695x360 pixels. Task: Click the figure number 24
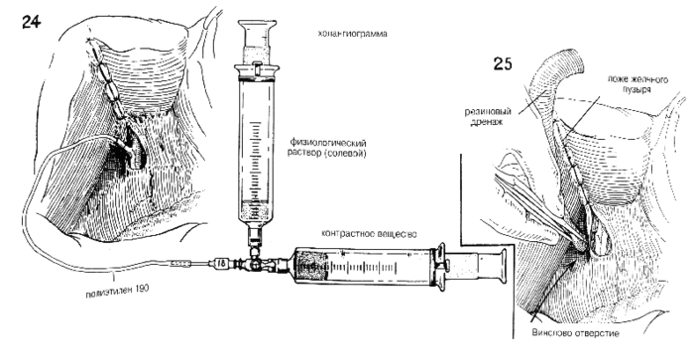[32, 21]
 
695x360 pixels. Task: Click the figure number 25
[503, 63]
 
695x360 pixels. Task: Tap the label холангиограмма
[352, 34]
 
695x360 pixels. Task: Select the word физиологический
[328, 144]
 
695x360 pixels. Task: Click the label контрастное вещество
[369, 234]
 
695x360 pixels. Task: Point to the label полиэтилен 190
[117, 291]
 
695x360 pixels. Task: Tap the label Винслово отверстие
[574, 332]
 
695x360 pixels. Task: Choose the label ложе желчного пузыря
[637, 84]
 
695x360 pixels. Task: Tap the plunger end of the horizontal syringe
[503, 267]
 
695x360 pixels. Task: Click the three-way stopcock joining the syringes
[255, 262]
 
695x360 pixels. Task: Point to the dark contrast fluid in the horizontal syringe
[312, 266]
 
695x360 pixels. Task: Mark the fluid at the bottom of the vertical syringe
[256, 211]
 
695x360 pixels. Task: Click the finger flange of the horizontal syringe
[439, 267]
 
